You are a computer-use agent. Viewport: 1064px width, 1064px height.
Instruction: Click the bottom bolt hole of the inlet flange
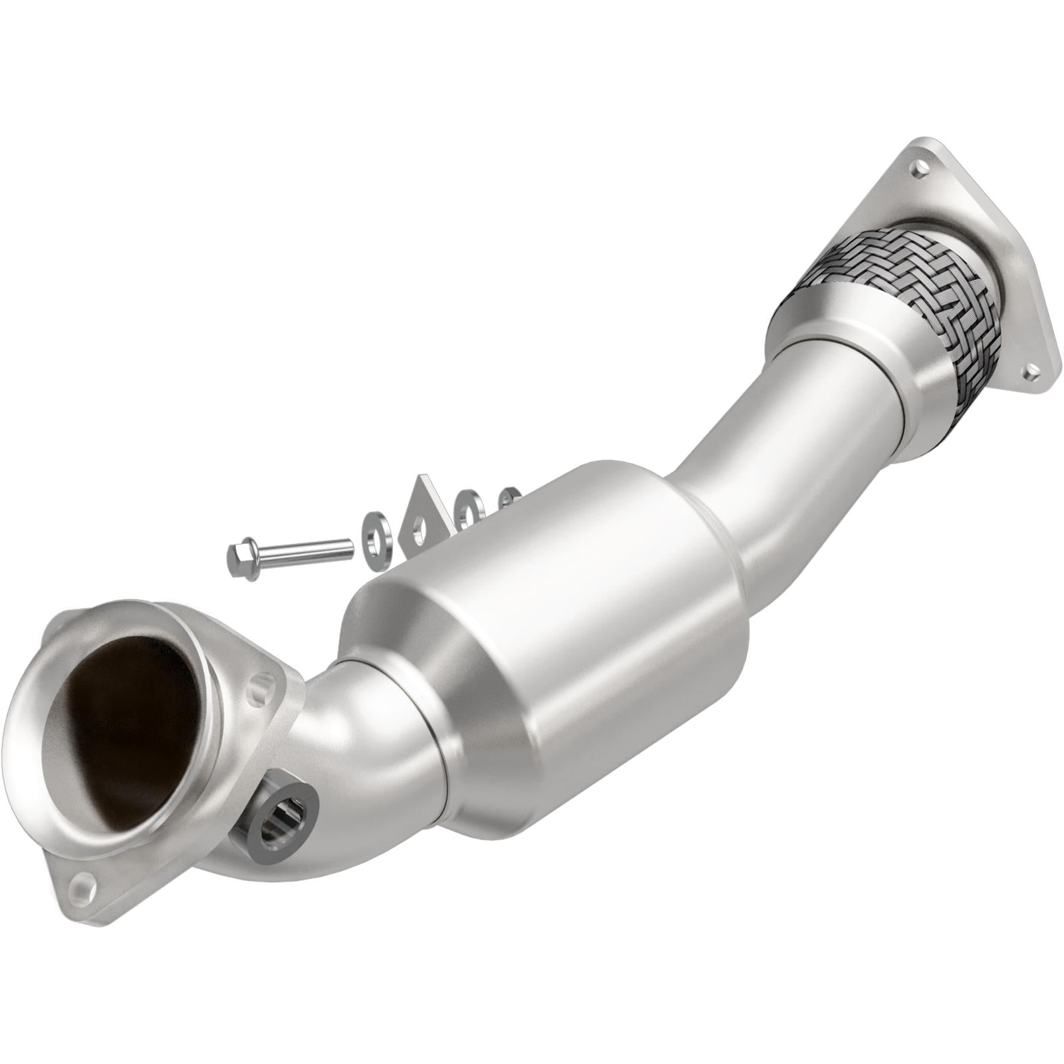pyautogui.click(x=82, y=884)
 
